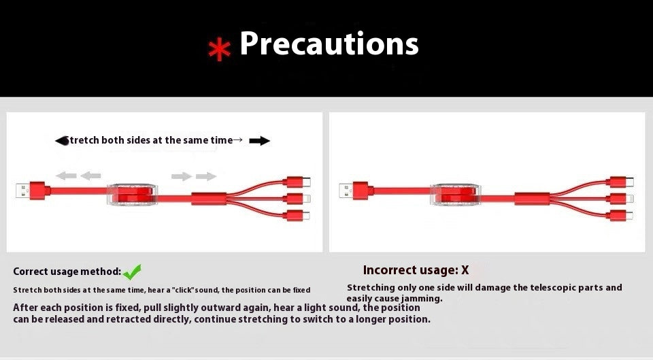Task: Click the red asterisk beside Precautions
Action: click(x=220, y=49)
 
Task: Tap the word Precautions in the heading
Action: click(x=329, y=44)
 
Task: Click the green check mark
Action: click(x=132, y=272)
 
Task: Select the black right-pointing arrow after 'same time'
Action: click(x=259, y=141)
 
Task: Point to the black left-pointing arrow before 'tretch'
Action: click(x=62, y=141)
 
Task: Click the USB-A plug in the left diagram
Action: click(x=33, y=191)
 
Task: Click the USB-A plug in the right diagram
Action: click(x=356, y=191)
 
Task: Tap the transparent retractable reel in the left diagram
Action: click(x=133, y=195)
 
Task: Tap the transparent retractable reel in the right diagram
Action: click(x=455, y=195)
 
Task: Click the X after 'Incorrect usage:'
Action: click(x=465, y=270)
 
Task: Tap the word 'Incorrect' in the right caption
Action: click(x=388, y=270)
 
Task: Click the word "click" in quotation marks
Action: click(x=185, y=290)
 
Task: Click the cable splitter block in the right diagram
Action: click(x=532, y=199)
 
